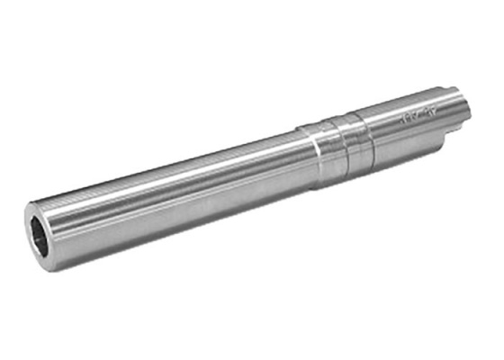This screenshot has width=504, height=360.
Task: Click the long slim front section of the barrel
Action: coord(171,193)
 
